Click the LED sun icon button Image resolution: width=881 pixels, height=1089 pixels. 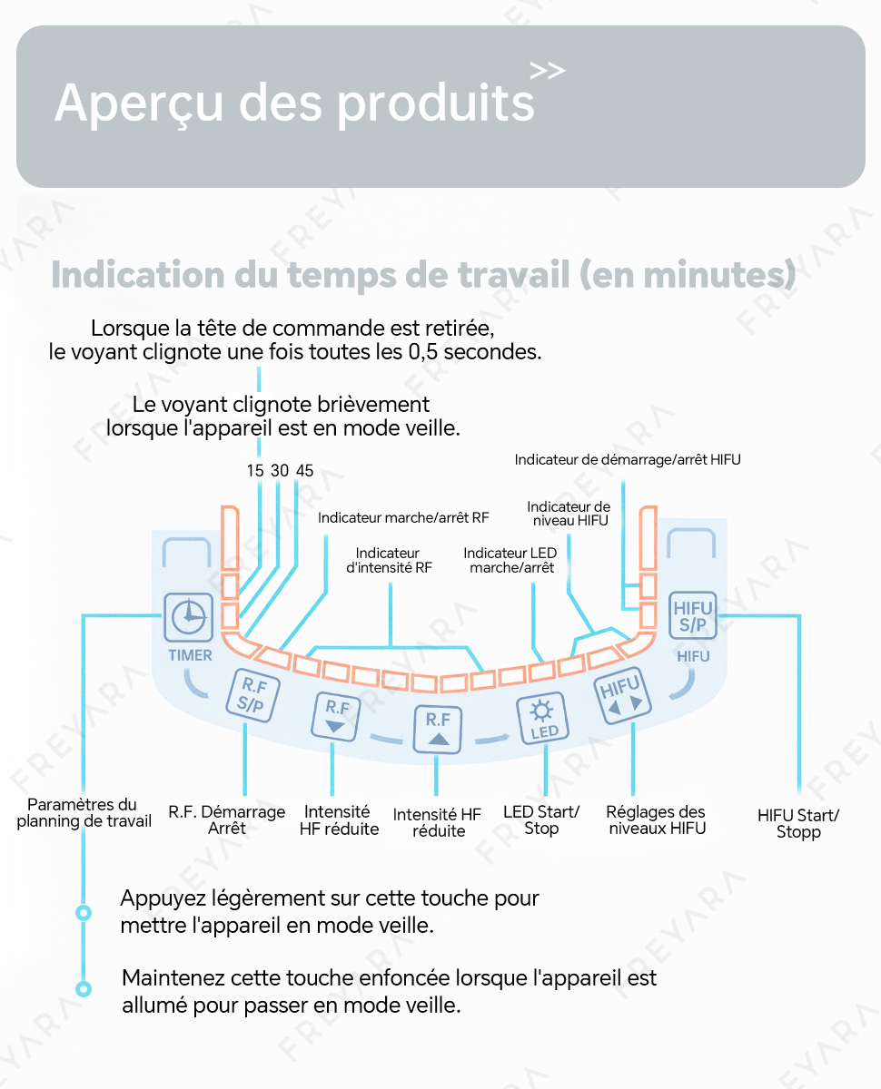click(542, 719)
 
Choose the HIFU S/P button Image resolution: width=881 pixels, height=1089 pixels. click(692, 615)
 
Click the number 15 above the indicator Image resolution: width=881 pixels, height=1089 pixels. click(255, 470)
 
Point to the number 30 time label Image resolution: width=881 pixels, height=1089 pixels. click(280, 470)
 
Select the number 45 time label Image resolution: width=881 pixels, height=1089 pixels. click(304, 470)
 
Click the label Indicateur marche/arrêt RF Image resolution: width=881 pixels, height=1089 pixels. click(403, 518)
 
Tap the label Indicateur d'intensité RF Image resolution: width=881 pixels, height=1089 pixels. click(389, 561)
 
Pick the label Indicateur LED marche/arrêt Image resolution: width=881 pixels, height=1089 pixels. click(510, 561)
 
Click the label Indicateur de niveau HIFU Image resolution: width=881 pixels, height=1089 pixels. click(569, 514)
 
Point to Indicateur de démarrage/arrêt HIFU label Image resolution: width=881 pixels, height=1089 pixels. click(628, 460)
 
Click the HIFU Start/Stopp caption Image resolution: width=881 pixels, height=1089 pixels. click(798, 823)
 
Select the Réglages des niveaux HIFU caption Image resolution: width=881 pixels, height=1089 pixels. click(656, 820)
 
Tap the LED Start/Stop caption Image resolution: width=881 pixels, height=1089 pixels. click(541, 820)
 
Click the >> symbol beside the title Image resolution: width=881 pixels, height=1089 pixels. click(547, 71)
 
